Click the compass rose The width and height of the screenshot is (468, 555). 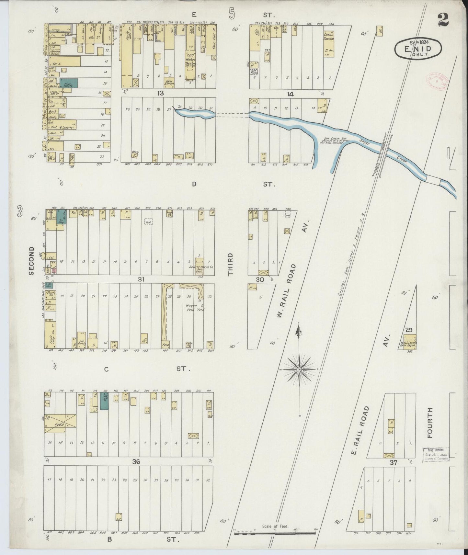pos(299,369)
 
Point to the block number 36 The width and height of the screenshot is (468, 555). pos(136,462)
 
